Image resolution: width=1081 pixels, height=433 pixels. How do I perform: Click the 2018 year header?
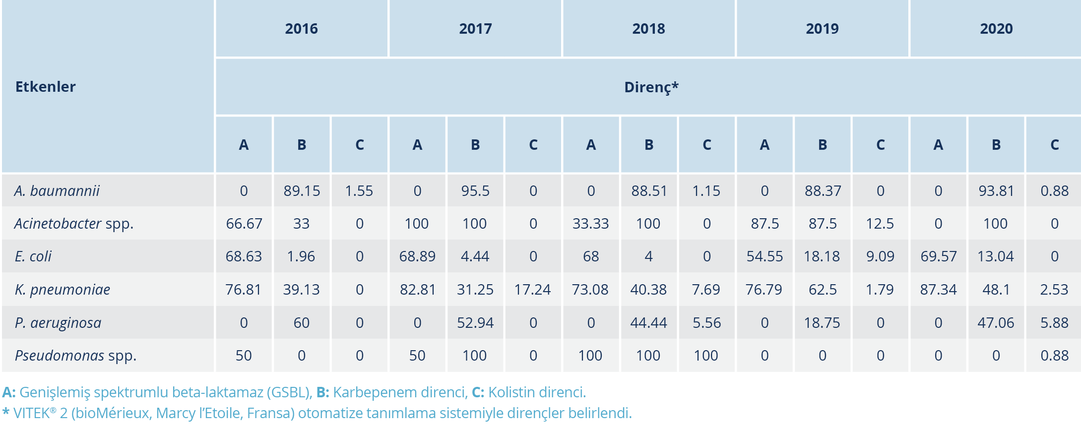point(648,29)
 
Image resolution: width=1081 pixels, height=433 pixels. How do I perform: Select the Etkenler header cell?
point(46,87)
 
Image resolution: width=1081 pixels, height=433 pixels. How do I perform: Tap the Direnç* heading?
point(651,87)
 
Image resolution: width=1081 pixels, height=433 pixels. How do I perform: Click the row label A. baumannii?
point(57,191)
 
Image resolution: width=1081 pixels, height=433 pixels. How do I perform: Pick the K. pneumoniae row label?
point(63,290)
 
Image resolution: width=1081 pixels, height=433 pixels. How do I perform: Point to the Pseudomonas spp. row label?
point(75,356)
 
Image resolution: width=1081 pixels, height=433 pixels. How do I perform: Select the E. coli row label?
point(33,256)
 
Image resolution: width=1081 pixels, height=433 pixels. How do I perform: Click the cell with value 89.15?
point(302,191)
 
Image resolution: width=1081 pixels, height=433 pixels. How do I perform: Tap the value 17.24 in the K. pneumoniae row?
point(532,290)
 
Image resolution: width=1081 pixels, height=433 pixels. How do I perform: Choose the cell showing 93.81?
point(996,191)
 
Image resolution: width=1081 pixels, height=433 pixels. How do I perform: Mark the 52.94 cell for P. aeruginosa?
point(475,323)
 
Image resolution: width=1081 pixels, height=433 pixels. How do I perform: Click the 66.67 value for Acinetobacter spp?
point(244,224)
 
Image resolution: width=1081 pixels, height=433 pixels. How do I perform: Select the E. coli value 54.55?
point(764,256)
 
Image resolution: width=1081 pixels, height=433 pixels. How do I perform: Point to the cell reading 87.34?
point(938,290)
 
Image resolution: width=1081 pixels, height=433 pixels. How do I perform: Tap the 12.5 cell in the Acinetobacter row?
point(880,224)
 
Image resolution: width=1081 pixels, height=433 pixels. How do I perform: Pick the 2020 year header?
point(996,29)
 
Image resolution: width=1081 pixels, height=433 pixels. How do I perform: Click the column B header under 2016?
point(302,145)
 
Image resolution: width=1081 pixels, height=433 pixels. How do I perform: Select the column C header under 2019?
point(881,145)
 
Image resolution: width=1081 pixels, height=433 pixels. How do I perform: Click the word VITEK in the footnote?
point(32,413)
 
